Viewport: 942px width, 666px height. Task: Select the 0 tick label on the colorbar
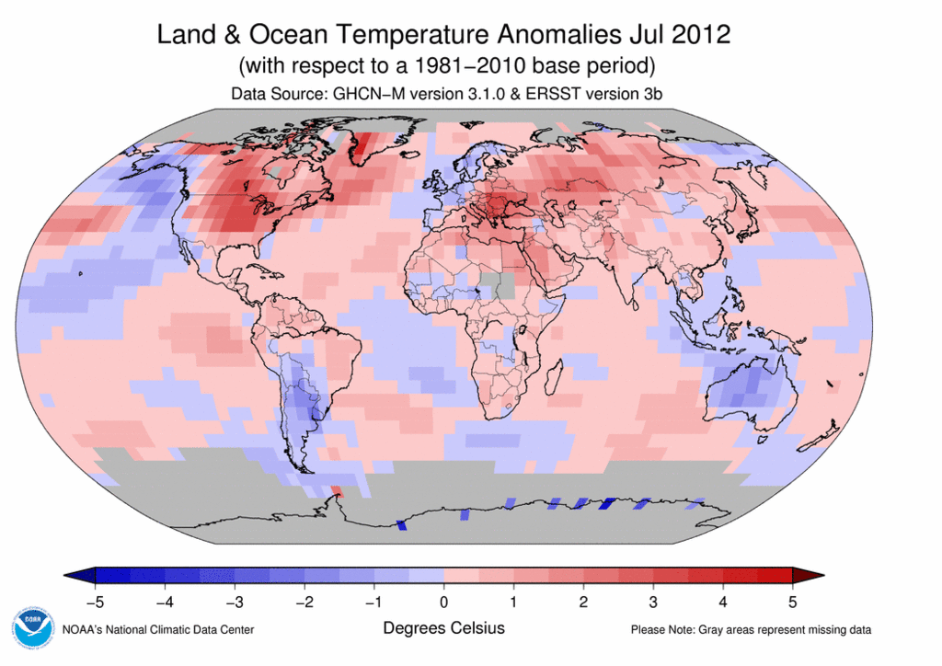[x=443, y=602]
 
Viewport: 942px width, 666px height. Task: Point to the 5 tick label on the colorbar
[x=792, y=602]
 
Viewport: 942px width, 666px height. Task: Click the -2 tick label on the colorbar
[x=304, y=602]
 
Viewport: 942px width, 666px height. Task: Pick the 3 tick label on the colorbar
[x=653, y=602]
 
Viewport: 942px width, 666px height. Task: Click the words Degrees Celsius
[x=444, y=628]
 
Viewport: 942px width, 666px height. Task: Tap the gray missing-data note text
[x=751, y=630]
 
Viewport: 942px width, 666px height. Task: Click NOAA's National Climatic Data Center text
[x=158, y=630]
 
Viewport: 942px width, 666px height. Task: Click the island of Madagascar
[x=554, y=377]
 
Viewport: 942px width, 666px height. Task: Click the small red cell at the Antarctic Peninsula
[x=337, y=491]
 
